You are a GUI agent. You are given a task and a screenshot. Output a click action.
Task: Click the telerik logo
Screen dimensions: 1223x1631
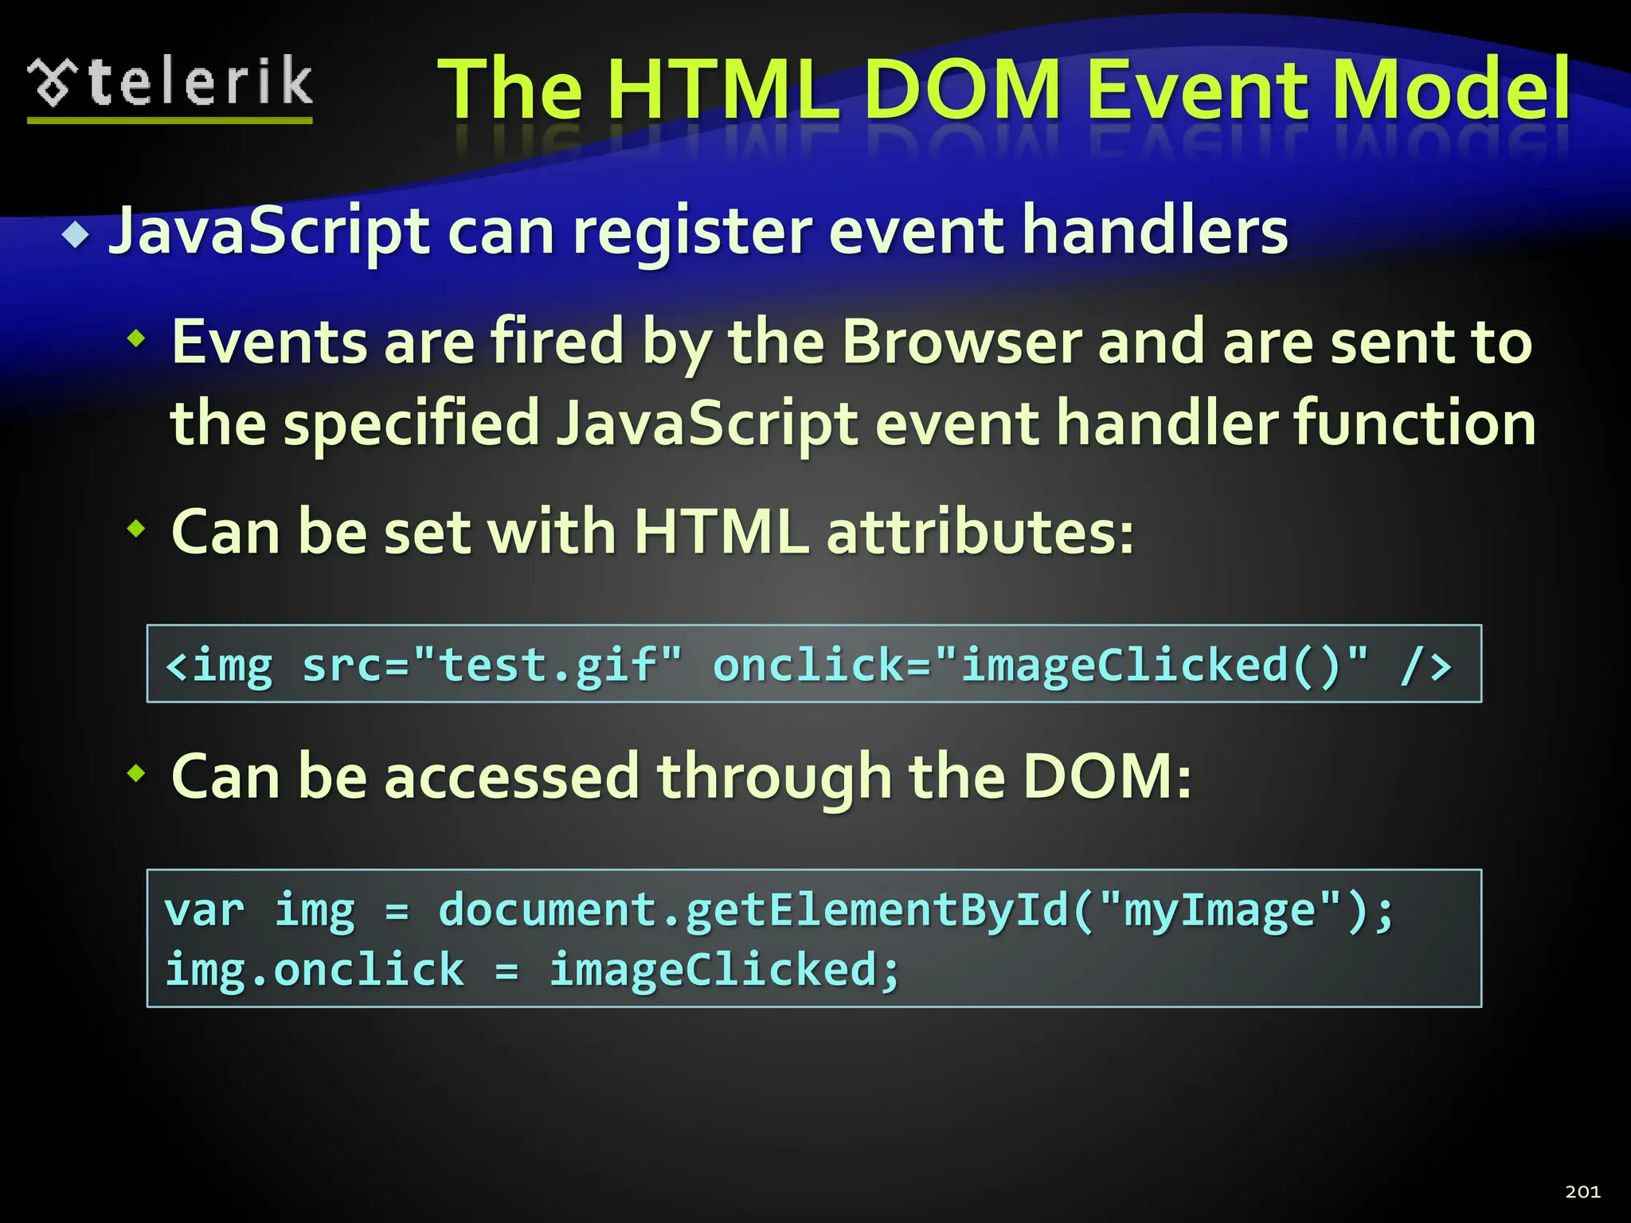tap(170, 86)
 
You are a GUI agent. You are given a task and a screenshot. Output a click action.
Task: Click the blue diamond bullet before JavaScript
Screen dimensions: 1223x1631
tap(76, 235)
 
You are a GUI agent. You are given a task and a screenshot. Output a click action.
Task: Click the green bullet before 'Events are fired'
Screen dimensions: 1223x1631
tap(137, 340)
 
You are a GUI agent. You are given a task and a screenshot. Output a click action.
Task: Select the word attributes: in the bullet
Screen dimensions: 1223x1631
tap(980, 532)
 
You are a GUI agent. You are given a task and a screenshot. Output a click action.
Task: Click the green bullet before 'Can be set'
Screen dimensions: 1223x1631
tap(137, 528)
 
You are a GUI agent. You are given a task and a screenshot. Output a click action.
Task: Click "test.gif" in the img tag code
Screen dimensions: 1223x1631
tap(549, 665)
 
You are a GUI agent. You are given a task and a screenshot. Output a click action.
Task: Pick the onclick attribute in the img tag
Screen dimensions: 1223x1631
tap(808, 665)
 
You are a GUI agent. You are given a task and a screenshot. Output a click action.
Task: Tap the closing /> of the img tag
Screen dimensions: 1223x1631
tap(1426, 666)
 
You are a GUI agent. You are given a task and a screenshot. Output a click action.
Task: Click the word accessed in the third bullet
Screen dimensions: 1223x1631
tap(512, 776)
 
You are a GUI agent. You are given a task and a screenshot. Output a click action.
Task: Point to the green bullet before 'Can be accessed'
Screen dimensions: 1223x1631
tap(137, 772)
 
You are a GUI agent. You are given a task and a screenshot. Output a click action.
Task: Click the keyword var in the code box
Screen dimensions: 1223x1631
tap(204, 910)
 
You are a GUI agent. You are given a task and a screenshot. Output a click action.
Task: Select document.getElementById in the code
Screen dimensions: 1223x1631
tap(753, 910)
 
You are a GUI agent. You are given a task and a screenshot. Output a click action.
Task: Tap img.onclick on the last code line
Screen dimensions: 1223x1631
tap(315, 970)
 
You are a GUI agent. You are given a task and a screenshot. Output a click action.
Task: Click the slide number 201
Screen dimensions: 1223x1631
tap(1582, 1191)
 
